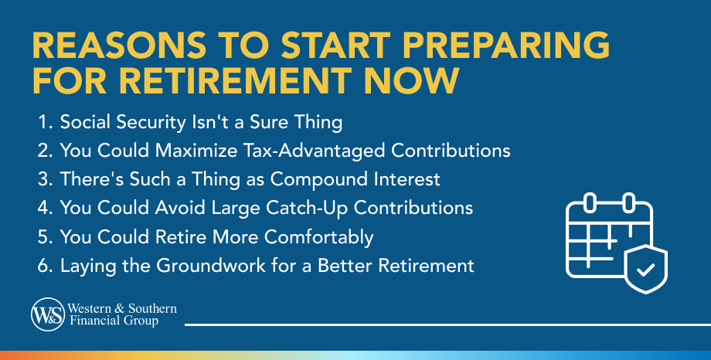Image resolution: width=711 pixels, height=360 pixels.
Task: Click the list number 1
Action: tap(42, 122)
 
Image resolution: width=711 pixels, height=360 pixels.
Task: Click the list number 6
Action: tap(42, 266)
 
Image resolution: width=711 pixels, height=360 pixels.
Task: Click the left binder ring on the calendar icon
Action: tap(589, 204)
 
